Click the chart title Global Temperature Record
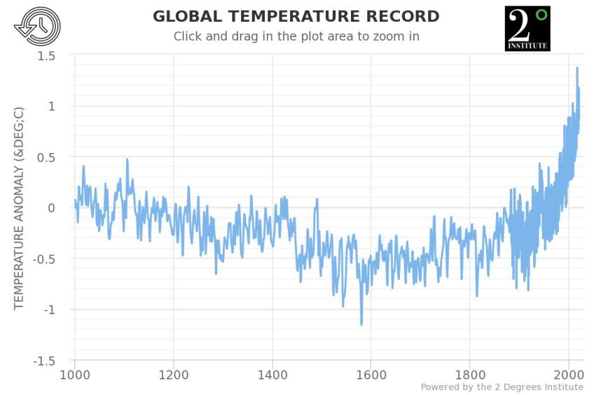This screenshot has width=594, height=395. [x=296, y=16]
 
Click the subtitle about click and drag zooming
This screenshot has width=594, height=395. [x=296, y=36]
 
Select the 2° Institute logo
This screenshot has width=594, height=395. [x=527, y=29]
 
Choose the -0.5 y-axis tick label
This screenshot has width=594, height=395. [x=43, y=259]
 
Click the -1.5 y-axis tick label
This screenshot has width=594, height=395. [x=43, y=361]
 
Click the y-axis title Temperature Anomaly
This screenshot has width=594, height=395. [x=19, y=208]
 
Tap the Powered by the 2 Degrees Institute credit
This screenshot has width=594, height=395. [x=502, y=387]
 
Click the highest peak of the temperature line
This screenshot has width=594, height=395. [x=577, y=68]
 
